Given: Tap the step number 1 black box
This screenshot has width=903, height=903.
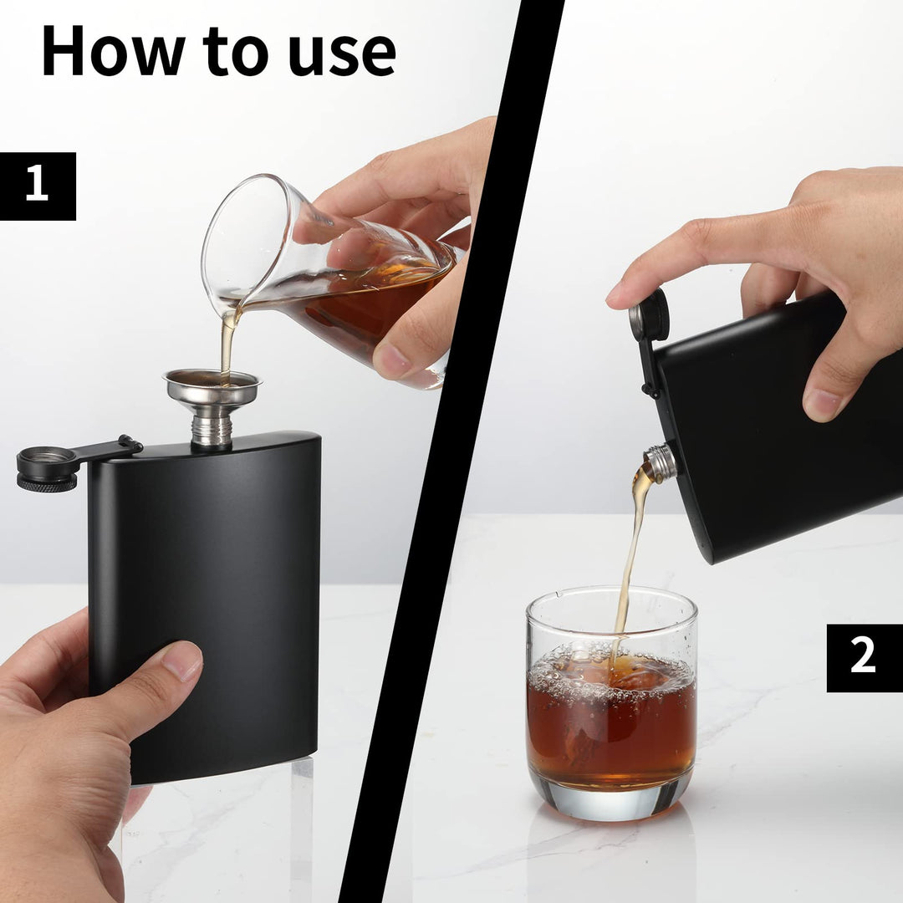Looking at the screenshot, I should [38, 186].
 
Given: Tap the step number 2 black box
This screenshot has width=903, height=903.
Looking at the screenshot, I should [864, 658].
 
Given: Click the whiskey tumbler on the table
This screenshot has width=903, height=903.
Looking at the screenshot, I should [611, 702].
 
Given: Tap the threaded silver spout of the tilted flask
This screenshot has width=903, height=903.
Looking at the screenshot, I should [661, 462].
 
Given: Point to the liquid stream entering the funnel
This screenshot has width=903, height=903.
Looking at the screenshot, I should [227, 343].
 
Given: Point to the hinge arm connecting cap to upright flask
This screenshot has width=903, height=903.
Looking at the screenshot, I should [109, 450].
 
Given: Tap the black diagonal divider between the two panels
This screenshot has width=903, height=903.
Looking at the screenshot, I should [451, 451].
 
